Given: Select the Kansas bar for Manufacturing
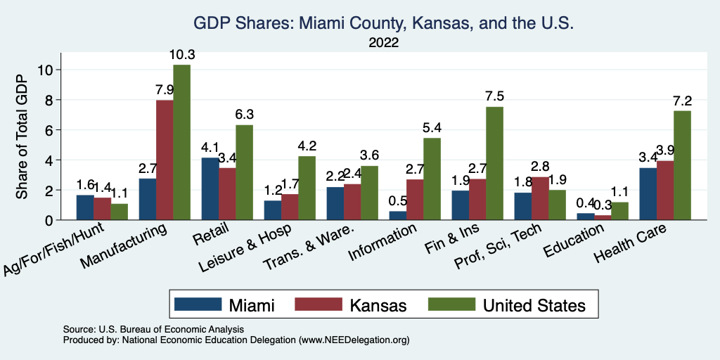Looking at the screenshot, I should click(165, 160).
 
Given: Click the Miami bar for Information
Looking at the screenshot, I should click(398, 216).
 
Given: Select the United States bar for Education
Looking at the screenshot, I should click(619, 212).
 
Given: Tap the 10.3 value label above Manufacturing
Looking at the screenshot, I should click(181, 53).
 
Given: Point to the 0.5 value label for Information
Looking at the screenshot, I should click(398, 200).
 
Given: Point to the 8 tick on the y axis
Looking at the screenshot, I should click(48, 100).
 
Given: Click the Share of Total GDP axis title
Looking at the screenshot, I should click(22, 137).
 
